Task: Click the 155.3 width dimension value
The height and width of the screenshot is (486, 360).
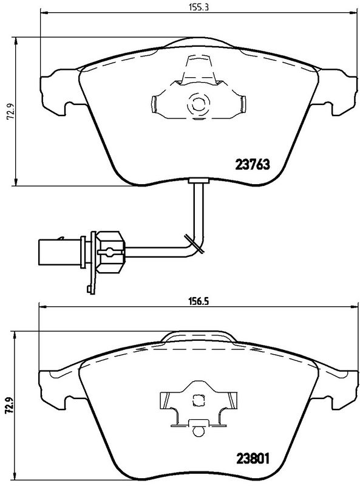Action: tap(195, 8)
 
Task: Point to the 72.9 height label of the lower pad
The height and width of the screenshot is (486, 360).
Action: tap(9, 404)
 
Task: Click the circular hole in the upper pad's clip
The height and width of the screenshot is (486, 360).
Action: tap(198, 105)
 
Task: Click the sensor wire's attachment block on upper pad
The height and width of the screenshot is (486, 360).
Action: tap(199, 180)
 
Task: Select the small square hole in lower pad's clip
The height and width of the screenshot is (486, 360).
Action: tap(197, 399)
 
